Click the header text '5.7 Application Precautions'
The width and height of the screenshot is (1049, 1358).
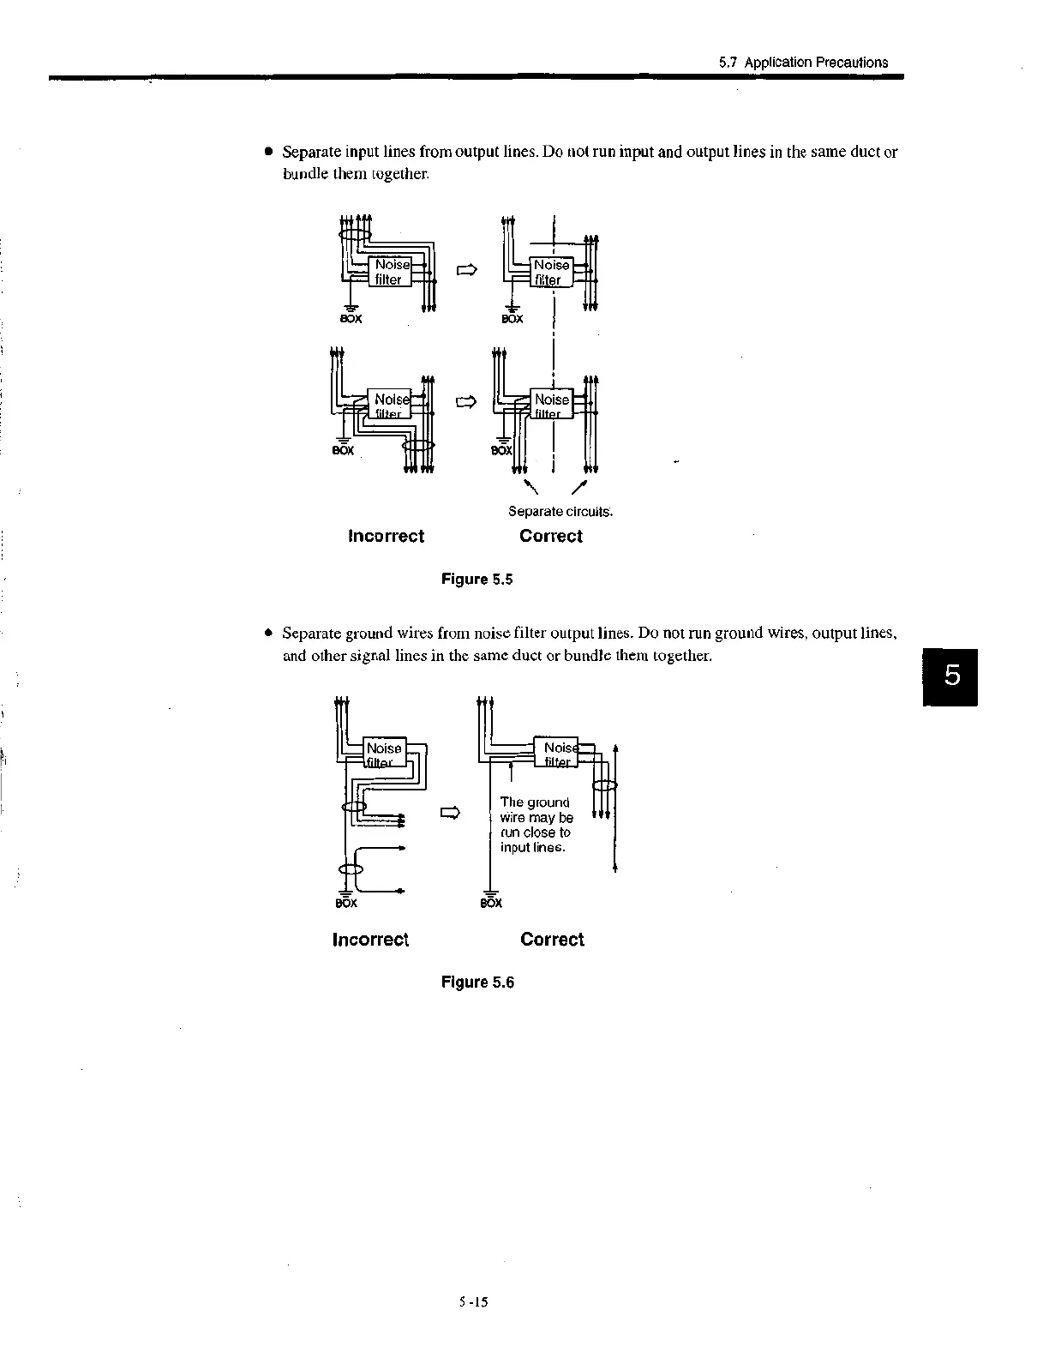pos(803,62)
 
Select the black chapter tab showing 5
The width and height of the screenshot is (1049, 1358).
pos(950,677)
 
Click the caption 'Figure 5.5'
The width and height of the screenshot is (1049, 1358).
pos(477,579)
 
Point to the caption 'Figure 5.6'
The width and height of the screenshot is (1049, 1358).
pos(477,982)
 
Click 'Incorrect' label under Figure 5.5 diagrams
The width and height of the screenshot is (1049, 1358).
pos(386,536)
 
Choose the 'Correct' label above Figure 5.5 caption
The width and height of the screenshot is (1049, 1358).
pos(550,536)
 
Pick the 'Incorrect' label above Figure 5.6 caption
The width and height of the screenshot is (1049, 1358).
pos(370,939)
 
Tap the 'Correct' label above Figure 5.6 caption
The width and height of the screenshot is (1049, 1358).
pos(552,939)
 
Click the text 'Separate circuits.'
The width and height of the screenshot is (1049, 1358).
pos(560,512)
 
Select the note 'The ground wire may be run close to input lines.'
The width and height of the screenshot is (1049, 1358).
pos(536,825)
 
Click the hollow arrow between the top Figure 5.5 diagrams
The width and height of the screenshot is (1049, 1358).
pos(465,271)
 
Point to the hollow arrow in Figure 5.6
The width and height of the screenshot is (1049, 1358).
pos(450,813)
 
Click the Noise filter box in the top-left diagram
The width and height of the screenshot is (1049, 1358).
pos(388,272)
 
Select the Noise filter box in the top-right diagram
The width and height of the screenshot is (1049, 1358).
pos(550,272)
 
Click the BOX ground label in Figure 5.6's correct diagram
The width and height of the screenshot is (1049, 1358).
pos(491,903)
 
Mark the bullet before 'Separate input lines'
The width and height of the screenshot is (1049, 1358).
pos(268,152)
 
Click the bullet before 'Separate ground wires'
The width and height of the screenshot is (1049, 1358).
pos(268,634)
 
